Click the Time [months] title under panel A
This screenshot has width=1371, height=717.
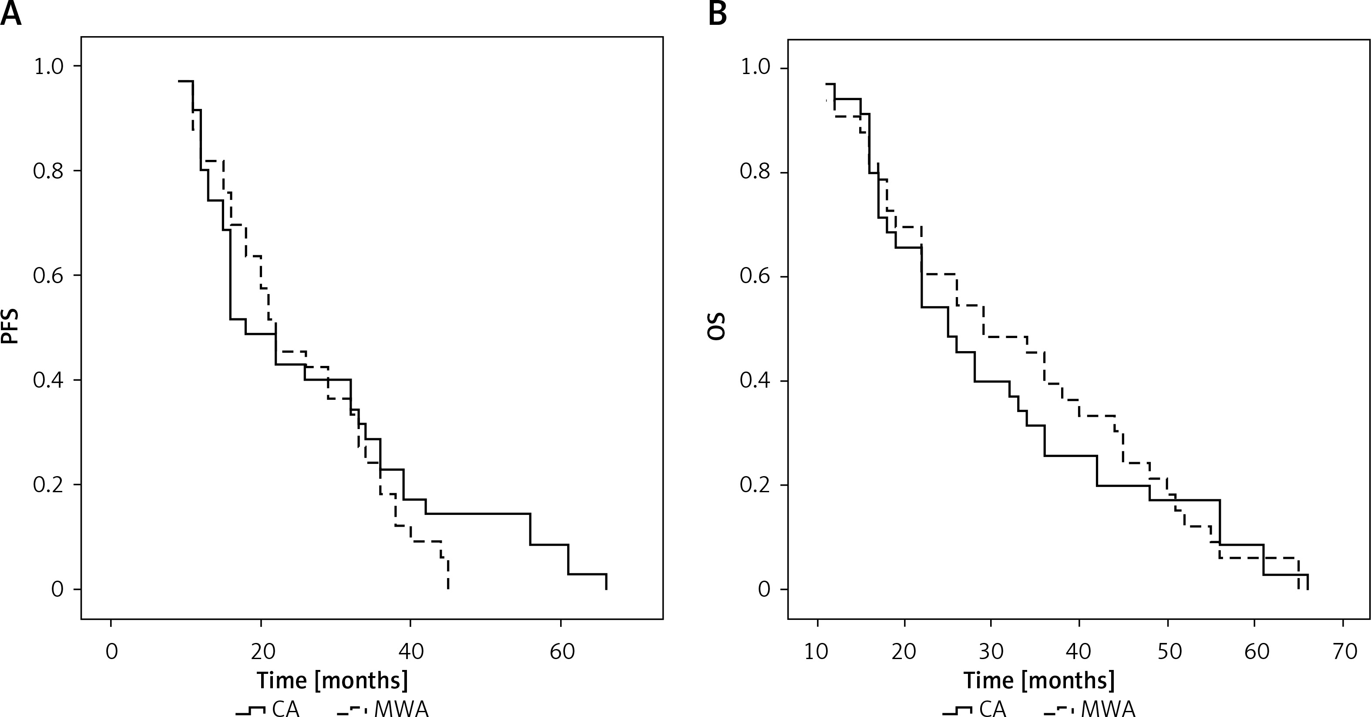click(x=333, y=680)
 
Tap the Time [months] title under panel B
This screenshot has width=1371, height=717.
click(x=1039, y=680)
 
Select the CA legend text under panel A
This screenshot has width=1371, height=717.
click(x=286, y=709)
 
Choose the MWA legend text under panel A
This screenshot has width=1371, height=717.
click(x=401, y=709)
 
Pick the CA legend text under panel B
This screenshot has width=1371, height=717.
click(x=993, y=709)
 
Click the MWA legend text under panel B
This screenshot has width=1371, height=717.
click(x=1108, y=709)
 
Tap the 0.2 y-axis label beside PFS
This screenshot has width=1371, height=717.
click(x=48, y=485)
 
